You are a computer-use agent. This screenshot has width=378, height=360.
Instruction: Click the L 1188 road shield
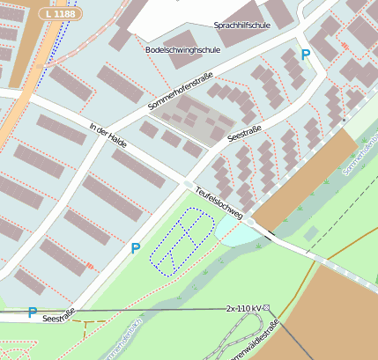coord(60,15)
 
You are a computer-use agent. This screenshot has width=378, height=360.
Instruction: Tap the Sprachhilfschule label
coord(241,26)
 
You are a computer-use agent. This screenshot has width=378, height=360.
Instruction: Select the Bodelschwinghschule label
coord(184,51)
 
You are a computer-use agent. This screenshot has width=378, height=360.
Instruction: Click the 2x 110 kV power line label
coord(243,308)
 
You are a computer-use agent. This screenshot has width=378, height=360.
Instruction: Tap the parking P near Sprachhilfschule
coord(306,55)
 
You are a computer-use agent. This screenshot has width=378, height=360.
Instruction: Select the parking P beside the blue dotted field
coord(135,249)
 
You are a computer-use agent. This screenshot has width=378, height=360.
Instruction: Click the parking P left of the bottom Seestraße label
coord(33,312)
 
